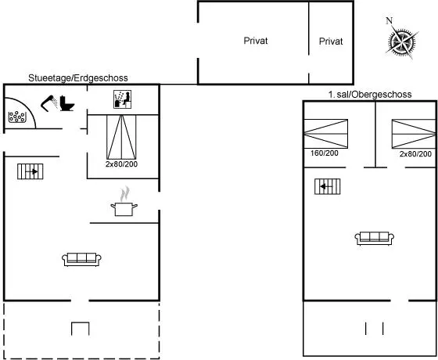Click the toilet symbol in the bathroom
[67, 103]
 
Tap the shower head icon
[49, 103]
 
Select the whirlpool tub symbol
[17, 117]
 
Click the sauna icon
[122, 99]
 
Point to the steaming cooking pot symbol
[124, 202]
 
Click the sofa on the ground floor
[81, 259]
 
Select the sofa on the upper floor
[375, 239]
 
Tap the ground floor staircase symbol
[31, 171]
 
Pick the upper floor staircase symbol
[328, 186]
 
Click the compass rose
[402, 42]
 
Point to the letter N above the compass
[390, 20]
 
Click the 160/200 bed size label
[325, 153]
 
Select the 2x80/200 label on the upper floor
[415, 153]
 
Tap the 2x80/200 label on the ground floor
[121, 164]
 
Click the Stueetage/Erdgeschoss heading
[78, 78]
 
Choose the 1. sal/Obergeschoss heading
[370, 95]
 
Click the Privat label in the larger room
[256, 41]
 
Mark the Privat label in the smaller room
[331, 41]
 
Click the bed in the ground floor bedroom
[121, 137]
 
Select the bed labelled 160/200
[325, 134]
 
